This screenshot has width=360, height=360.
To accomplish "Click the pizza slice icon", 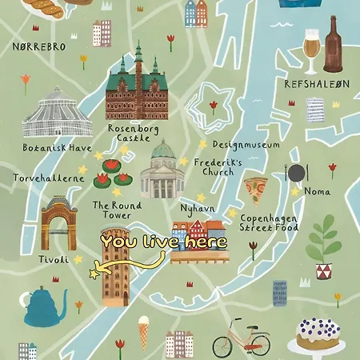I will point(256,190).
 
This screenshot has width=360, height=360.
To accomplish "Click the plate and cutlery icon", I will point(297,172).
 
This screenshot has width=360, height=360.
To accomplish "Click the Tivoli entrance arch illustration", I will point(59,225).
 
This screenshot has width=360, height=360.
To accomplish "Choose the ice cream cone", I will point(144,329).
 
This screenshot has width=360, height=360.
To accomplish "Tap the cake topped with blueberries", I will point(318,334).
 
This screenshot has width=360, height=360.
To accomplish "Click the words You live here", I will point(164,241).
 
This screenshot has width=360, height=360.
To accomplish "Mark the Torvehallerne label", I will point(48,178).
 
